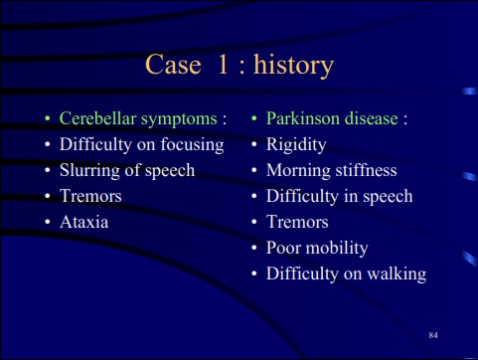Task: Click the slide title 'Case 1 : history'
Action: pyautogui.click(x=239, y=66)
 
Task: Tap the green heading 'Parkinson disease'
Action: pyautogui.click(x=332, y=119)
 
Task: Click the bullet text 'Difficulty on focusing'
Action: pyautogui.click(x=141, y=145)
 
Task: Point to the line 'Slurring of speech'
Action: pyautogui.click(x=126, y=170)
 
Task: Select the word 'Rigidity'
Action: pyautogui.click(x=295, y=145)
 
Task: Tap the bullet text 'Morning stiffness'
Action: pyautogui.click(x=331, y=170)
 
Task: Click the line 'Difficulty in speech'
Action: pyautogui.click(x=339, y=196)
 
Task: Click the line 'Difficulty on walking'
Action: pyautogui.click(x=346, y=273)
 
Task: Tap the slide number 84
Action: pyautogui.click(x=433, y=336)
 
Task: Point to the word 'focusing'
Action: pyautogui.click(x=190, y=145)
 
